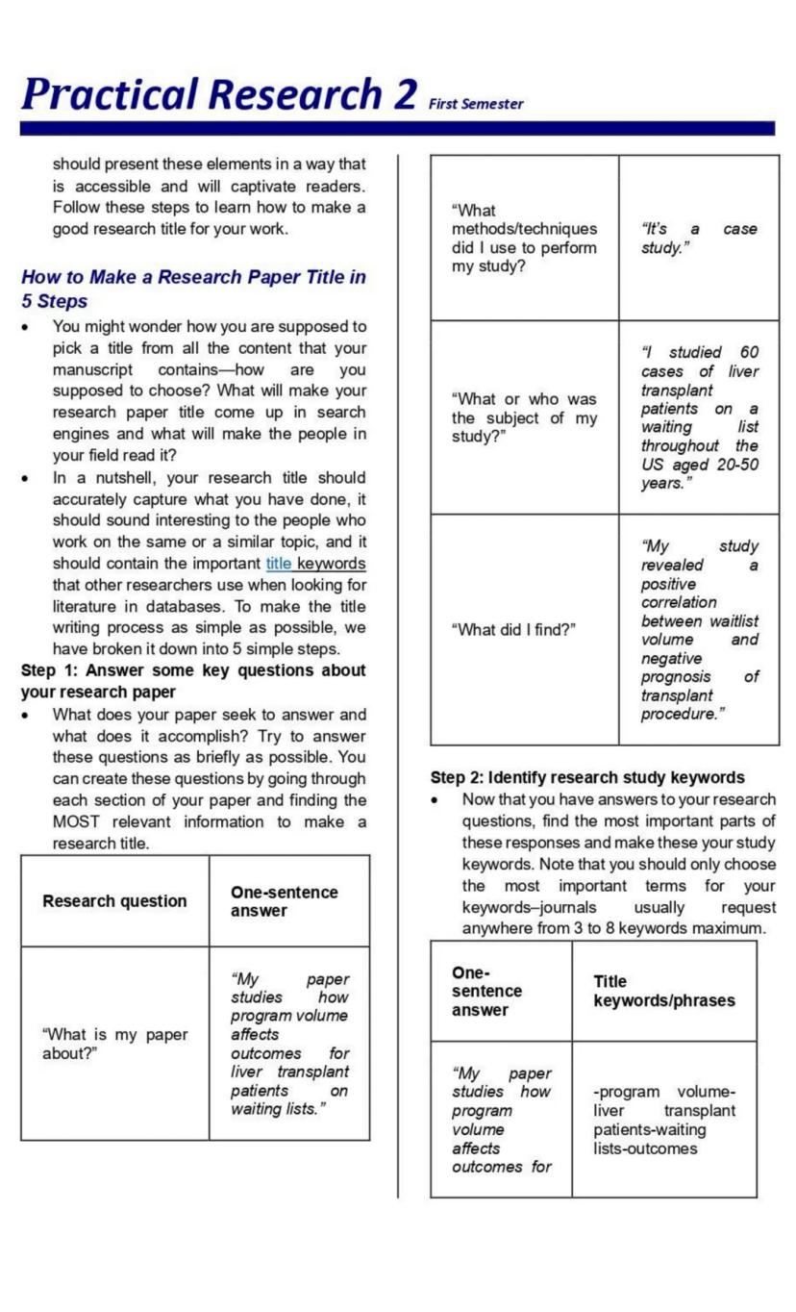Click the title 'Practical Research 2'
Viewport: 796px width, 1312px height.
(x=219, y=93)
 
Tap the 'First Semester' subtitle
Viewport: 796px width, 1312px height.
(x=477, y=104)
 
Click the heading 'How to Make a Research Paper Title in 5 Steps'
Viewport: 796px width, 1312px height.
(x=192, y=289)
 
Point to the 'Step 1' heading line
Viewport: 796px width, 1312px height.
(x=192, y=680)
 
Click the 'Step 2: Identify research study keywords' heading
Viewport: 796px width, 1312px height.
(x=587, y=777)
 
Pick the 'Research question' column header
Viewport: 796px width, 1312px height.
(x=114, y=901)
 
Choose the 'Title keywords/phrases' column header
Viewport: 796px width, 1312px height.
(x=663, y=991)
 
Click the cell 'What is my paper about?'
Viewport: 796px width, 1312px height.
(x=114, y=1044)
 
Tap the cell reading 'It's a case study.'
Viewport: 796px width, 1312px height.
(x=698, y=239)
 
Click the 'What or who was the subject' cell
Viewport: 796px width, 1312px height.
(x=524, y=417)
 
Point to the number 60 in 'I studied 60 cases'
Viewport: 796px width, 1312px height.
(x=749, y=353)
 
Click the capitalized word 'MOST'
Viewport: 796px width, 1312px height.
(x=75, y=821)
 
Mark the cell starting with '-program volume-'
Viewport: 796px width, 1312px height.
(x=663, y=1120)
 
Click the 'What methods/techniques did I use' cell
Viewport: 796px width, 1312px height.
(x=524, y=239)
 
